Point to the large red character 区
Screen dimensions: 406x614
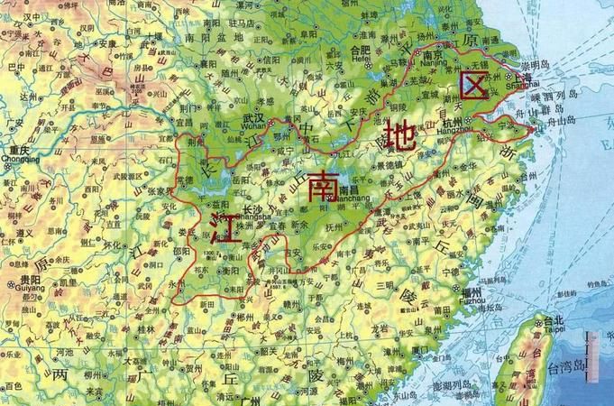click(x=473, y=87)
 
